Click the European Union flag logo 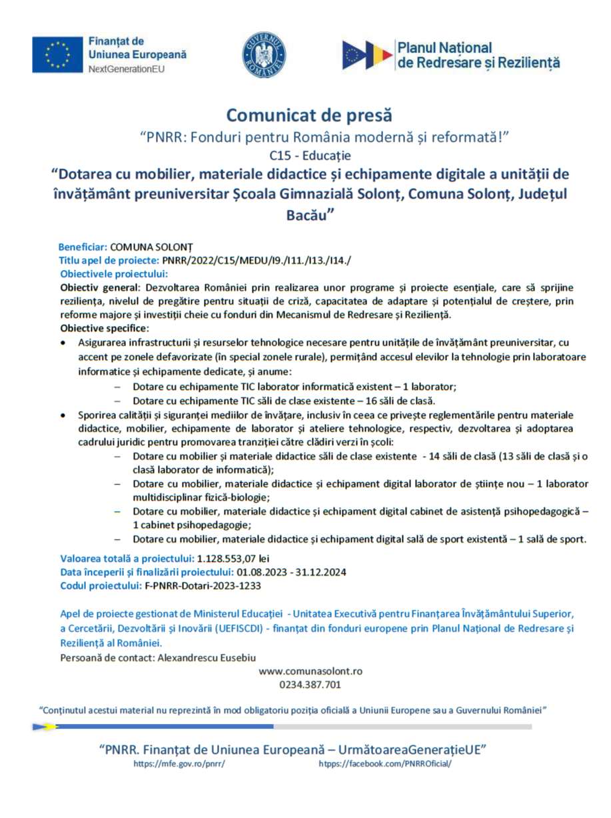pos(57,55)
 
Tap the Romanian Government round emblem pos(264,55)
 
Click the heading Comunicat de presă pos(308,115)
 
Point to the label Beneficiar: pos(83,246)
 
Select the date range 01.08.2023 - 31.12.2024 pos(290,572)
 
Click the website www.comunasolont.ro pos(310,671)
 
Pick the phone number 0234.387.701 pos(310,685)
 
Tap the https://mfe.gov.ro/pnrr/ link pos(179,763)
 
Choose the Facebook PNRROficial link pos(385,763)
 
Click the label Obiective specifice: pos(105,328)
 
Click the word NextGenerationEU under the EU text pos(127,69)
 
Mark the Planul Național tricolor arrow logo pos(367,55)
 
